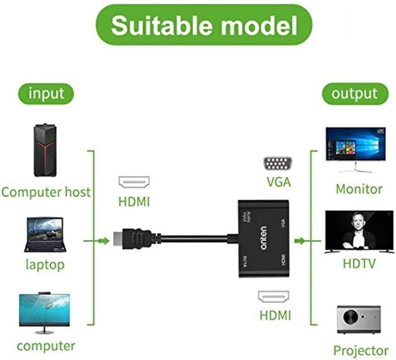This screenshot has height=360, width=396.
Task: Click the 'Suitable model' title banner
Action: point(204,25)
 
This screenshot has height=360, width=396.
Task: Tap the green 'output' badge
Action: point(355,93)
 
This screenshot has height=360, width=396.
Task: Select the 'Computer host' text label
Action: point(46,192)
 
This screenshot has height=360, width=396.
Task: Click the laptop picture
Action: point(45,235)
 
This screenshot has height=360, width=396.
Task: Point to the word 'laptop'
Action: point(45,264)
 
